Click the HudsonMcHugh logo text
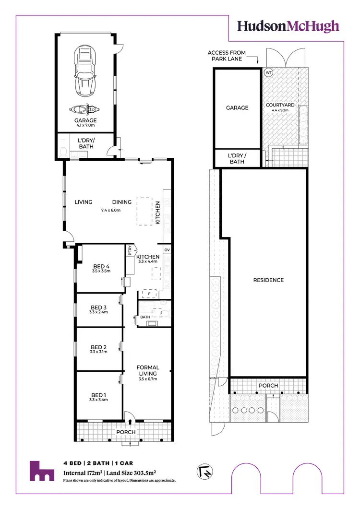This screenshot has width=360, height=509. point(288,26)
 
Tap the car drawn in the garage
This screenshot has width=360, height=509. point(85,71)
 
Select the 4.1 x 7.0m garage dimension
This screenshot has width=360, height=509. point(85,126)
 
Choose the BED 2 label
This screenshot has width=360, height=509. point(98,347)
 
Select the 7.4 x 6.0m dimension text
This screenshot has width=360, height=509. point(110,210)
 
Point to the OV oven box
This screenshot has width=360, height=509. point(167,250)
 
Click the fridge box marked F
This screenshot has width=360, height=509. point(149,293)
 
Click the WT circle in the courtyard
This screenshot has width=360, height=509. point(268,72)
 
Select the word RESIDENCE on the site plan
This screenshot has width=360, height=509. point(268,280)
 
